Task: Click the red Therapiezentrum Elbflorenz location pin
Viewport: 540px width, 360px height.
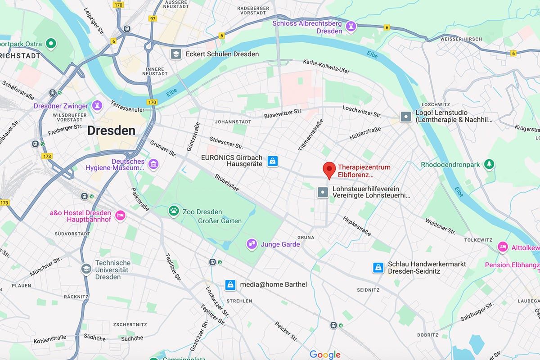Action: pos(329,170)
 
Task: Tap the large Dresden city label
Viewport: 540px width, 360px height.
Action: pos(111,130)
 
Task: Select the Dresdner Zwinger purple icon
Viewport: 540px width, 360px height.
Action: pos(97,106)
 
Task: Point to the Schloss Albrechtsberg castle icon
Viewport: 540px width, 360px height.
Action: pos(351,27)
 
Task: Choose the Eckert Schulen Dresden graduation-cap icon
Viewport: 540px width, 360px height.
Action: pos(175,54)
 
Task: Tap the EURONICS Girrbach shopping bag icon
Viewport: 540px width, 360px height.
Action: pos(272,161)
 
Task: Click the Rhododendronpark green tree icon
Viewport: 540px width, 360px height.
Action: pos(489,165)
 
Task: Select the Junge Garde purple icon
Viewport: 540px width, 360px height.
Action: pos(252,244)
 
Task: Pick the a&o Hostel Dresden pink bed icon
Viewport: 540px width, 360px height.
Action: pos(120,216)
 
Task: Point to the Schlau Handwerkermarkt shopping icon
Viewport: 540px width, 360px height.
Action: pos(378,268)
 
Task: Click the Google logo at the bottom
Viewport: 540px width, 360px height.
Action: pos(325,355)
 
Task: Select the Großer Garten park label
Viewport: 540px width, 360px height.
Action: pos(220,221)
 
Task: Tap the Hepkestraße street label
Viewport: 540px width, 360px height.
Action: pos(357,226)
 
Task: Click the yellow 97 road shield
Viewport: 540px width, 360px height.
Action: pos(153,18)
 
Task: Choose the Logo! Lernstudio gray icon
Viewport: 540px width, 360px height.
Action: pos(406,117)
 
